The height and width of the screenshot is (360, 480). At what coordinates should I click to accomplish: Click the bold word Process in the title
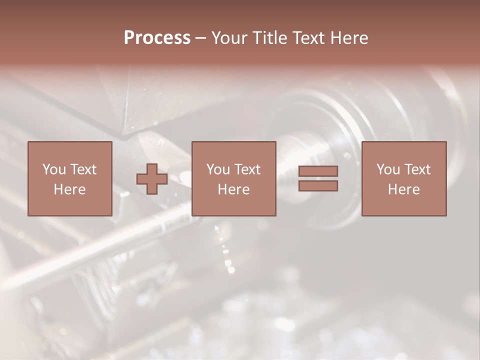(157, 38)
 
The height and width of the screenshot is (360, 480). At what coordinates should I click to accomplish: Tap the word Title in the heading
(270, 38)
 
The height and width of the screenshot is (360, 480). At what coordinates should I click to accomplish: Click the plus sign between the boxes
(152, 179)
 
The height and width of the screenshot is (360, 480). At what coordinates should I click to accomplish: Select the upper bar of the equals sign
(318, 171)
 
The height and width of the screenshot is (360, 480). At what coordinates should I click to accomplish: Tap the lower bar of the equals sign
(318, 186)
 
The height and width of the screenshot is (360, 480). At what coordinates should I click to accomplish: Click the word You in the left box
(54, 169)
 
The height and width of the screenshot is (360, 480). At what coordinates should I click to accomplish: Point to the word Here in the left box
(69, 189)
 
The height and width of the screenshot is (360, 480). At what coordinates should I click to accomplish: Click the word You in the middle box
(218, 169)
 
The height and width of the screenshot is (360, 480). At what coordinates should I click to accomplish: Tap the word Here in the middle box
(233, 189)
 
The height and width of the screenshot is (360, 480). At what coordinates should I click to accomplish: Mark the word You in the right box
(388, 169)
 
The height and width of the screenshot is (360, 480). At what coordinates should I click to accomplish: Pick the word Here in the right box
(403, 189)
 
